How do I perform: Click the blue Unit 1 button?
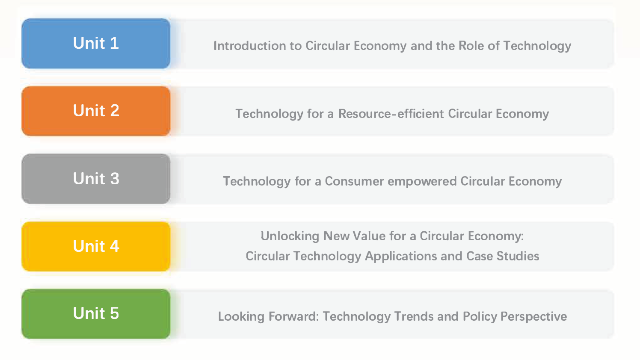click(96, 43)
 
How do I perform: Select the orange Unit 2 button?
click(96, 111)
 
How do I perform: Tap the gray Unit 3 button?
click(96, 179)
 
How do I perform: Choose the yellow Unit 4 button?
click(96, 246)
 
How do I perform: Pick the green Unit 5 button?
click(96, 314)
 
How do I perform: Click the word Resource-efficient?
click(391, 114)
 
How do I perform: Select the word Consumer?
click(354, 181)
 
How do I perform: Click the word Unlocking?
click(290, 236)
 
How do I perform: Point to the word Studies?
click(518, 256)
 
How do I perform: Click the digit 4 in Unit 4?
click(115, 246)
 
